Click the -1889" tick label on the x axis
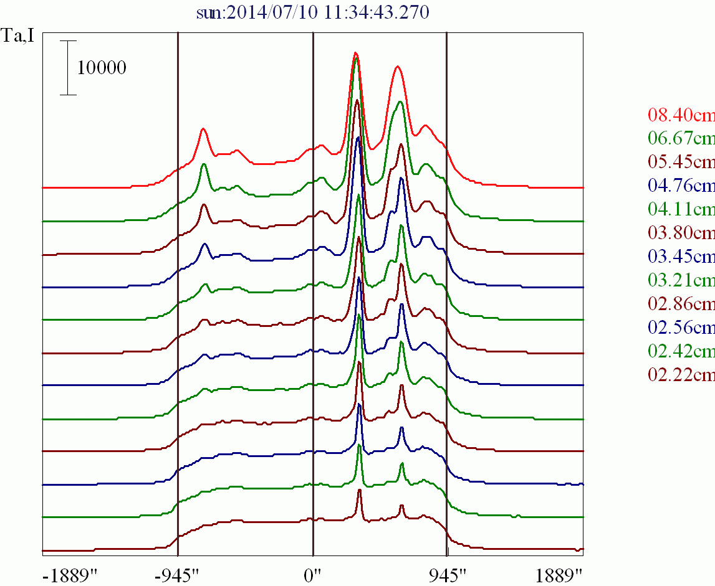pyautogui.click(x=69, y=574)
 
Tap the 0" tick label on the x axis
pyautogui.click(x=313, y=574)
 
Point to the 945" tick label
pyautogui.click(x=448, y=574)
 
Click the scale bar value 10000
pyautogui.click(x=102, y=68)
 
